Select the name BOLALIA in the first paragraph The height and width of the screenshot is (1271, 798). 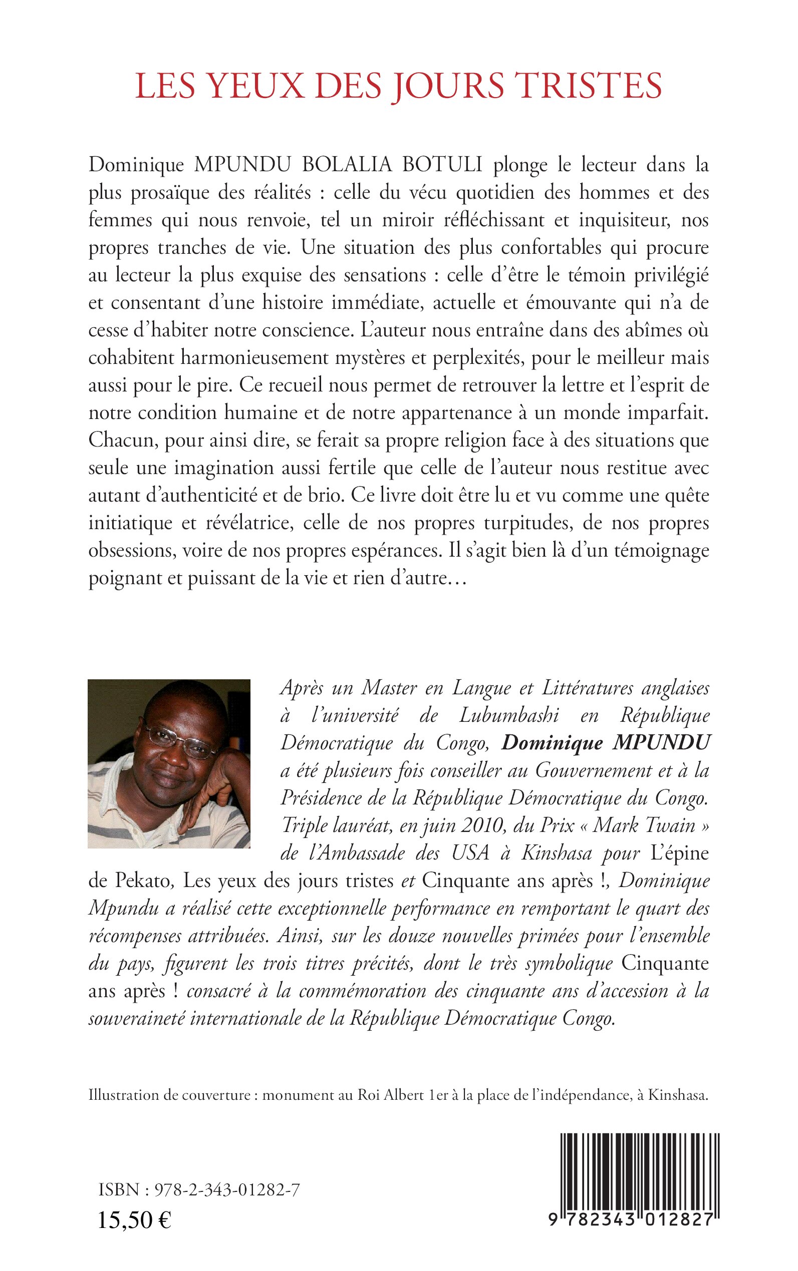point(346,165)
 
